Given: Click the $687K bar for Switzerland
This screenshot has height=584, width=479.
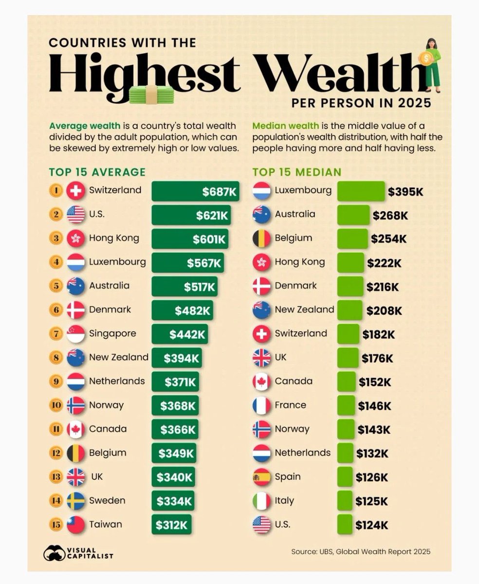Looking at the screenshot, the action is click(195, 191).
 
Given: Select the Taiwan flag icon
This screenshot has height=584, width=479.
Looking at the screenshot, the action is click(75, 525).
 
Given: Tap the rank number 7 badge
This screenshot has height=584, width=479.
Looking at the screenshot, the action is click(56, 334).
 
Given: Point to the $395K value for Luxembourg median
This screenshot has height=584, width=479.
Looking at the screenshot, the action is click(405, 192).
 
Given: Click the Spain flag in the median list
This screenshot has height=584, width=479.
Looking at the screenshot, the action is click(261, 477).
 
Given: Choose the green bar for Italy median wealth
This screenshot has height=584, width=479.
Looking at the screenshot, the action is click(345, 501).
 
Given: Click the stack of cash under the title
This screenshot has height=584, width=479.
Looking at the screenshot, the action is click(151, 95).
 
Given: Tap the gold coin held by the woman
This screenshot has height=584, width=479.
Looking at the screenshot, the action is click(426, 58).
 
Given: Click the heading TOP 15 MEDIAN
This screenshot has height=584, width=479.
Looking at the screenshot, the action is click(297, 172).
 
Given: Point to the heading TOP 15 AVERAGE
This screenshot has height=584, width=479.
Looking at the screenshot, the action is click(97, 172).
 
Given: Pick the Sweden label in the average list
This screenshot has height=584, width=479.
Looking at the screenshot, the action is click(107, 501).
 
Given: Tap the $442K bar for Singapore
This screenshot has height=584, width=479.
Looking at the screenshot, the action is click(180, 334).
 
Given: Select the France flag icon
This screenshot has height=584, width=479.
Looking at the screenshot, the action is click(261, 405).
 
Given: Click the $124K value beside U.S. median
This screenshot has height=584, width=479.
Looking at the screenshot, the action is click(371, 525).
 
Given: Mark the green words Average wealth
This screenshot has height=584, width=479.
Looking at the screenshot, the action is click(85, 126).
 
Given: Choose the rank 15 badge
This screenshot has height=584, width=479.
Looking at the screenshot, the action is click(56, 525).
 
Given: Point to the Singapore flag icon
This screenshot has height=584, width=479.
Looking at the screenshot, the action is click(75, 334).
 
